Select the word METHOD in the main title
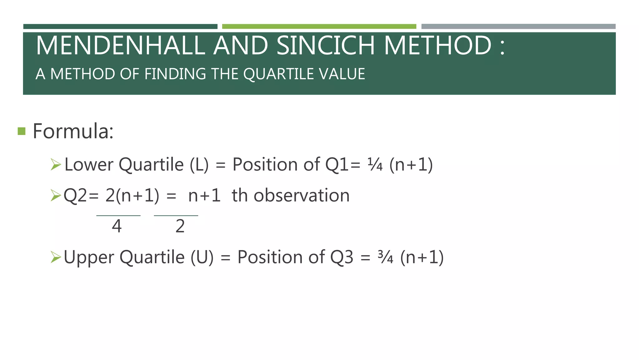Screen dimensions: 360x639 [437, 46]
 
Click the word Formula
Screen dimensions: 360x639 [73, 131]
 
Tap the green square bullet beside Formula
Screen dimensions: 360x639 [22, 131]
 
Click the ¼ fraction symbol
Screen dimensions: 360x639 [375, 165]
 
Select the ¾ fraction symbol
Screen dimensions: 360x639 [385, 257]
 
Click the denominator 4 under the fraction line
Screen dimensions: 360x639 [117, 226]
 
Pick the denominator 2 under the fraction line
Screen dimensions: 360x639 [180, 226]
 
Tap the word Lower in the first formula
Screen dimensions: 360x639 [89, 165]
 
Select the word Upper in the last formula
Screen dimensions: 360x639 [89, 257]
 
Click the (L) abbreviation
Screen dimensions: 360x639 [199, 165]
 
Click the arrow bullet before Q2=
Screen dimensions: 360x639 [56, 196]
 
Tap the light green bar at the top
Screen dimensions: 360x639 [319, 27]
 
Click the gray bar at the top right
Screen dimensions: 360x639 [518, 27]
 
